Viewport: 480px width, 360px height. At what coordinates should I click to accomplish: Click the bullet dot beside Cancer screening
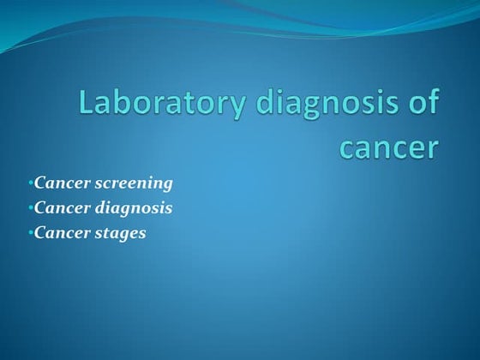click(x=30, y=183)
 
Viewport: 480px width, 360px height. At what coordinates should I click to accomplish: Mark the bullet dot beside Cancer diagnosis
click(x=30, y=207)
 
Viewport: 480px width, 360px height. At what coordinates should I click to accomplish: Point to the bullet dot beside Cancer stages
click(x=30, y=232)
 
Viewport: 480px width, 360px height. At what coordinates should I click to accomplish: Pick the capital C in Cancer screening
click(x=40, y=183)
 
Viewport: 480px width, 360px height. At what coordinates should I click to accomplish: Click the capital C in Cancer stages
click(x=40, y=232)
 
